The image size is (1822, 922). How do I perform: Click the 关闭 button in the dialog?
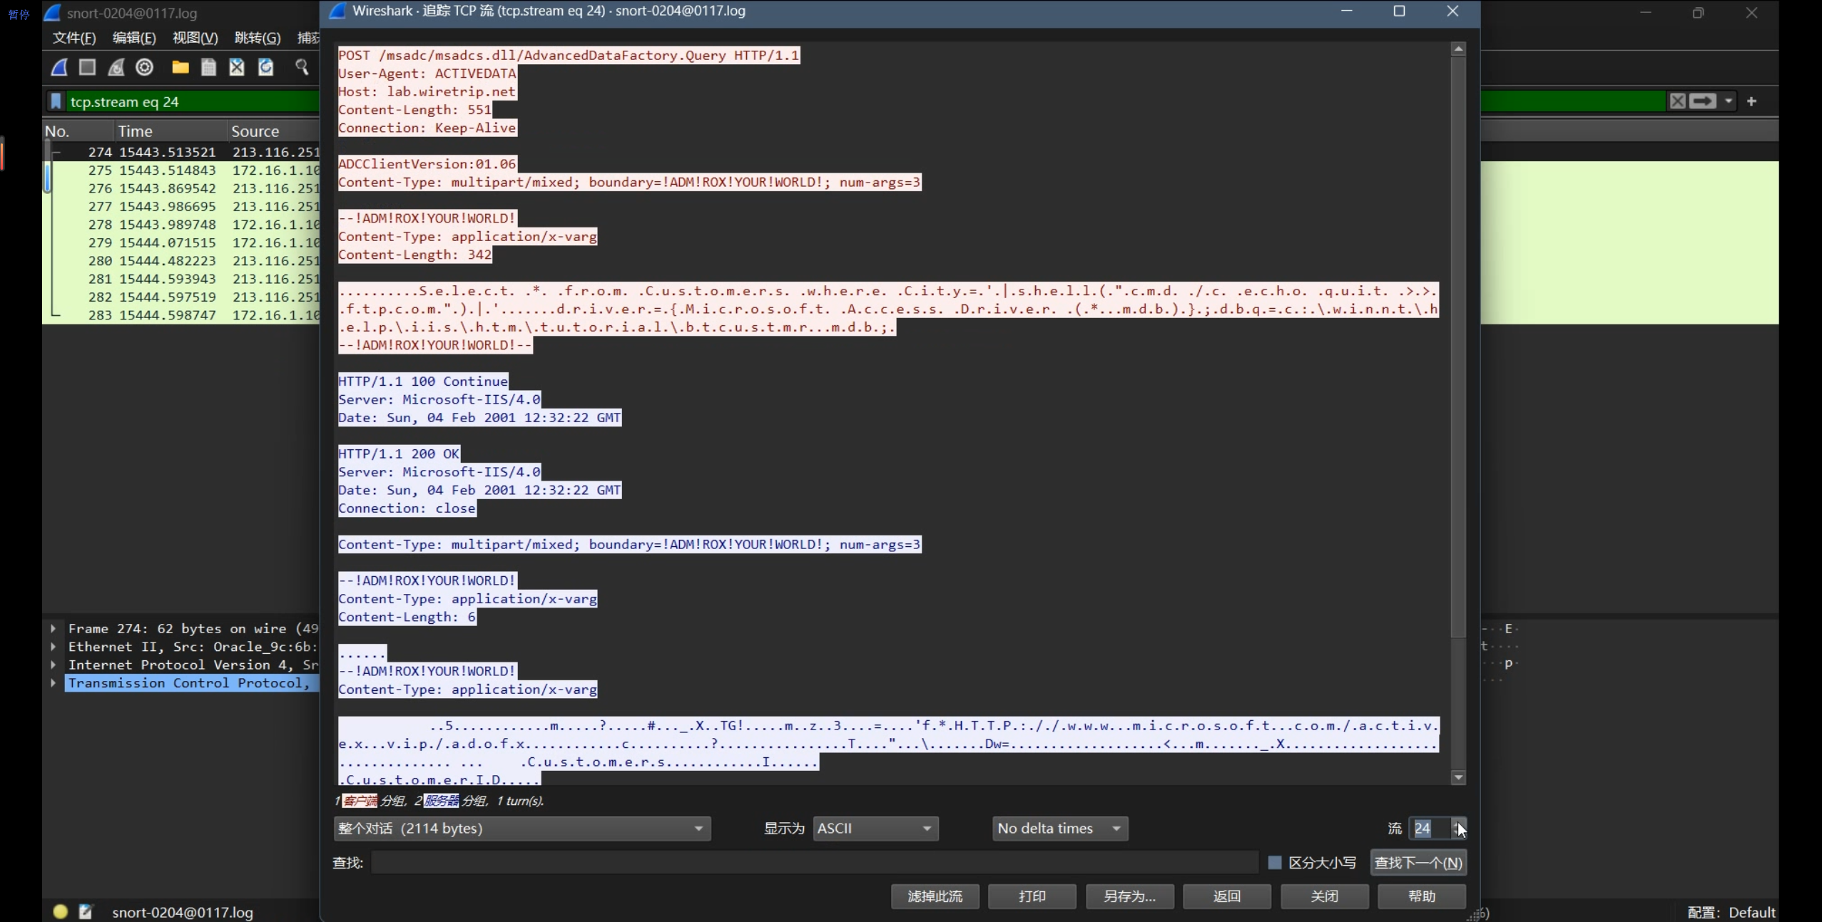(x=1324, y=896)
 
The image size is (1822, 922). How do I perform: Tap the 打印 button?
(x=1032, y=896)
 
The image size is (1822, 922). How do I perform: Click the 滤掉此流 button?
(x=935, y=896)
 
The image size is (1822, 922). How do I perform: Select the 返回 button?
(x=1226, y=896)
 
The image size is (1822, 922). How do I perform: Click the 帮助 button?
(x=1421, y=896)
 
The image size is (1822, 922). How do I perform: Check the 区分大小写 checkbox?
(x=1275, y=863)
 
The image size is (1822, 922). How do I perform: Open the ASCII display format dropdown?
(x=875, y=829)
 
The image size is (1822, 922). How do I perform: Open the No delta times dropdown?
(x=1059, y=829)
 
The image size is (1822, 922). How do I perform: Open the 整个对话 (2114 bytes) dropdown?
(x=521, y=829)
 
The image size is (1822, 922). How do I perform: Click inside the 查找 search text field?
(x=813, y=863)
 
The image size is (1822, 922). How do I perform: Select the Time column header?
(x=136, y=131)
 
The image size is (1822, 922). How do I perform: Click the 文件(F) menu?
(x=73, y=38)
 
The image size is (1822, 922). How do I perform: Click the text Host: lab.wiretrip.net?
(x=427, y=92)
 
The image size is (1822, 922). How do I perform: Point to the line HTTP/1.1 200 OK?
(x=399, y=454)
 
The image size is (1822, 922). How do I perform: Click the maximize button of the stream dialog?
(x=1399, y=11)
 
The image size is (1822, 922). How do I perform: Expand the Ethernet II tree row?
(x=54, y=647)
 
